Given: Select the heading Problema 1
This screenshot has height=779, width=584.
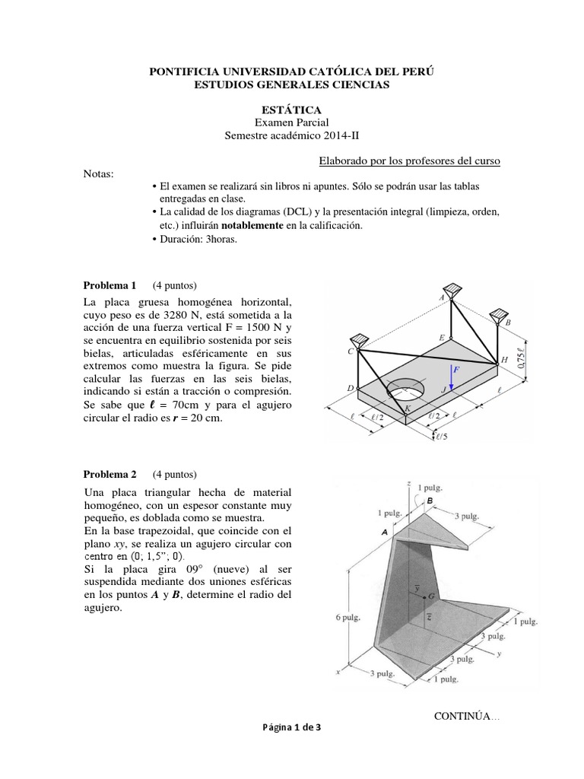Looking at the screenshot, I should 109,286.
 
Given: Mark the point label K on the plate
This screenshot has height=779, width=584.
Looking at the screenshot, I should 408,409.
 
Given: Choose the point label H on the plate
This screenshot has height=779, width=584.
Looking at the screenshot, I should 503,360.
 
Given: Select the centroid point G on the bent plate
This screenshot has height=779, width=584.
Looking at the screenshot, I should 431,595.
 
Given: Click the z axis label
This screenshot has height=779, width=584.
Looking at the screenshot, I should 409,484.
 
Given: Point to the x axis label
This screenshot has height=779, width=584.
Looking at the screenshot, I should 337,672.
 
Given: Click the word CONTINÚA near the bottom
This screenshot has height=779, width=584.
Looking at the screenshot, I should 464,717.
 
